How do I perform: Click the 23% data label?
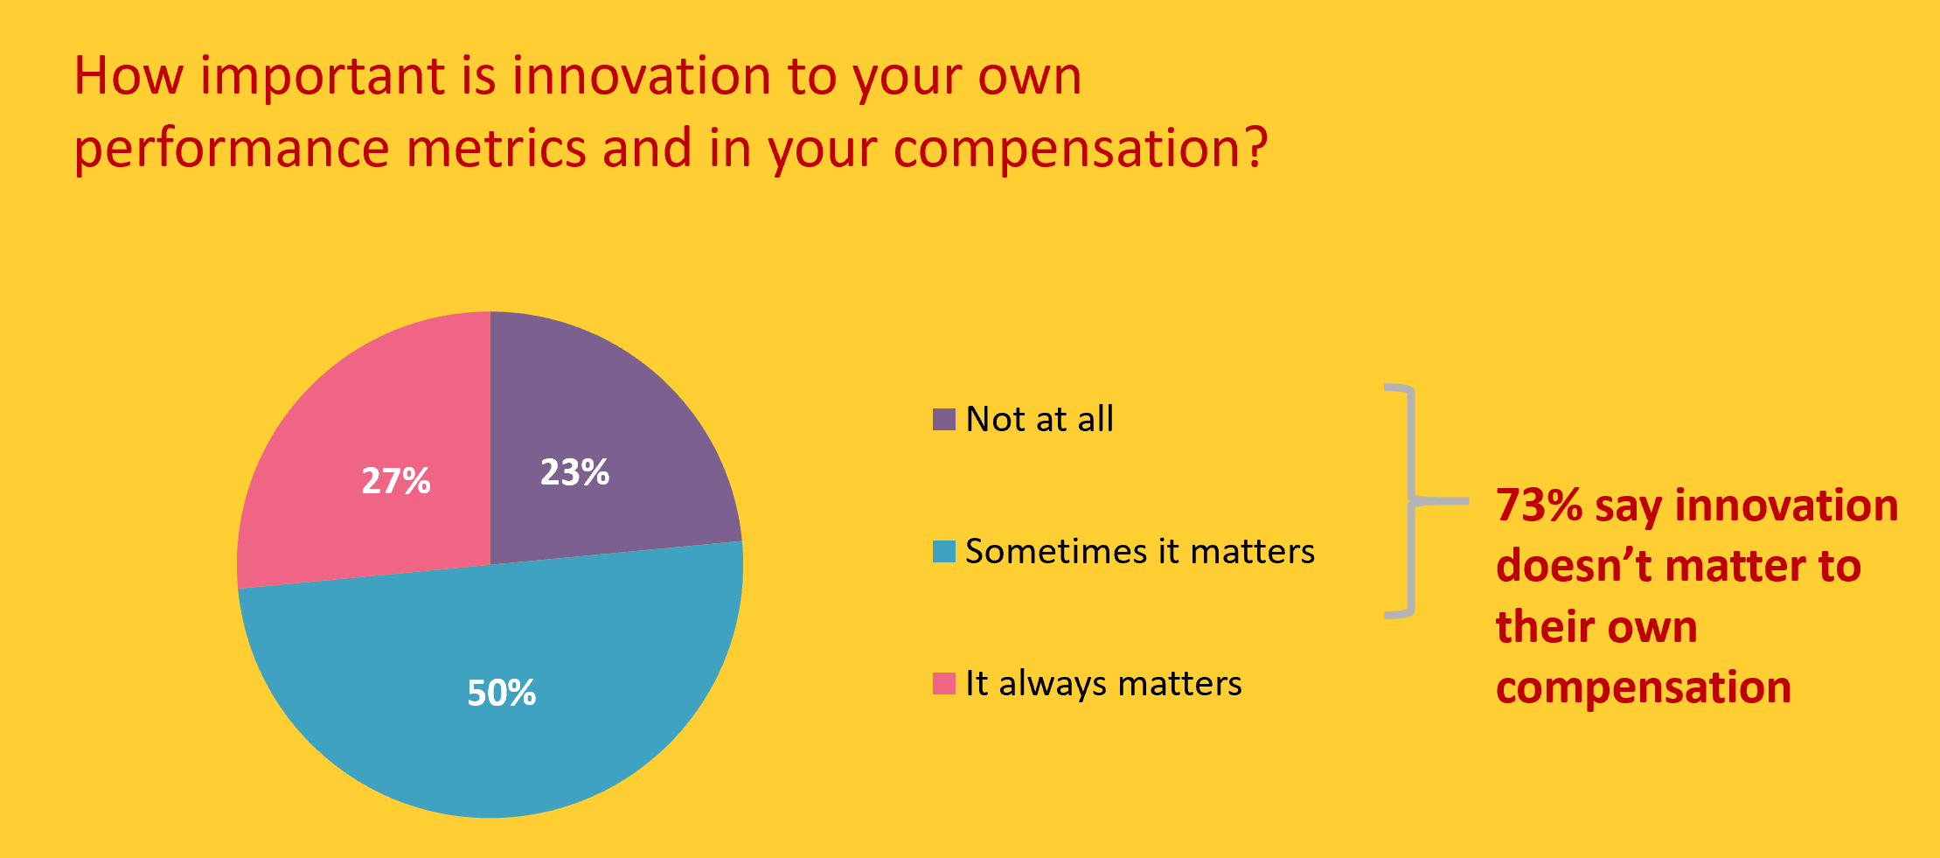(x=574, y=472)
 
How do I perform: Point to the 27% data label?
(x=396, y=481)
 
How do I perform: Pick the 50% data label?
(x=501, y=694)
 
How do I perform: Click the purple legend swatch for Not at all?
(x=944, y=419)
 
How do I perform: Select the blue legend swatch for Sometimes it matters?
(x=944, y=551)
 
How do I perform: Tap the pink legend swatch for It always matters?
(x=944, y=683)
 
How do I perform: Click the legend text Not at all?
(x=1040, y=419)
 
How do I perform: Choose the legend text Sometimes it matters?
(x=1140, y=551)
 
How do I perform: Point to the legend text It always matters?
(x=1103, y=684)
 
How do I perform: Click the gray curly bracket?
(x=1411, y=501)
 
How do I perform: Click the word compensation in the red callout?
(x=1644, y=688)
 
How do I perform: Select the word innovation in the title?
(x=642, y=75)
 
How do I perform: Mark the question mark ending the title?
(x=1256, y=146)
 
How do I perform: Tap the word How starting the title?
(x=129, y=75)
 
